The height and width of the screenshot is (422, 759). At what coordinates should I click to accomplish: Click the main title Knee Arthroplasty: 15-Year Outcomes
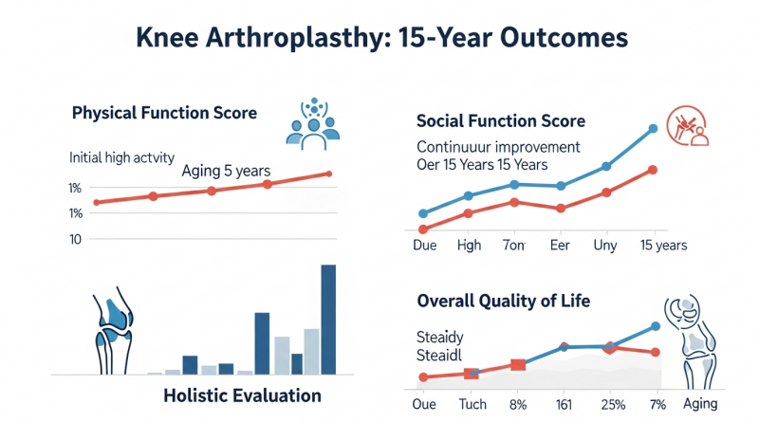pos(379,38)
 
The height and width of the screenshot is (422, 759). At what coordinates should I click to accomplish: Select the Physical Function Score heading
pos(164,113)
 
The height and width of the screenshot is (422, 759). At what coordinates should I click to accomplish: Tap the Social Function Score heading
pos(501,121)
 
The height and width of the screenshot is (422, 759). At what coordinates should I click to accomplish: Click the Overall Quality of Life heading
pos(504,302)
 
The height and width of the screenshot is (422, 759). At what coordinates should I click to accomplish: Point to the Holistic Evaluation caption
pos(242,394)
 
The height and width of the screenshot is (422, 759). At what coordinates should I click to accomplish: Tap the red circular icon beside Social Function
pos(687,128)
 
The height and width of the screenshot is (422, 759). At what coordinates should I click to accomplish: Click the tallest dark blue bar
pos(328,319)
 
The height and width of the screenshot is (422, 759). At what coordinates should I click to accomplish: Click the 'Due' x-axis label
pos(425,245)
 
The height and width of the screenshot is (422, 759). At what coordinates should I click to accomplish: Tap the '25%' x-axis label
pos(611,403)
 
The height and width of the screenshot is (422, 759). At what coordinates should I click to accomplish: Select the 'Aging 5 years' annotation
pos(227,172)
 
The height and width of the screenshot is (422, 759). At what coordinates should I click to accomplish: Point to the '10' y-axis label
pos(76,239)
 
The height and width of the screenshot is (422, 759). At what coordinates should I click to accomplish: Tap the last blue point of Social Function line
pos(653,129)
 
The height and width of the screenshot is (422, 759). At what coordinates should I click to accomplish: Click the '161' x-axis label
pos(565,403)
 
